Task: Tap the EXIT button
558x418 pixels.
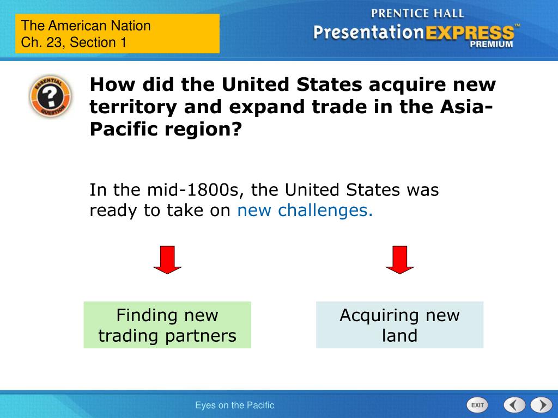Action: (477, 405)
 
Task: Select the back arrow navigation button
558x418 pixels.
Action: (514, 405)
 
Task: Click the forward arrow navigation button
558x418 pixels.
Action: (541, 405)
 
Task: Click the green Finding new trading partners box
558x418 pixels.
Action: (167, 325)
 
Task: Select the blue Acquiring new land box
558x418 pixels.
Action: (399, 325)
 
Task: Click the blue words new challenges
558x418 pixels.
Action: (305, 211)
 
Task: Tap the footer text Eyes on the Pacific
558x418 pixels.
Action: (235, 405)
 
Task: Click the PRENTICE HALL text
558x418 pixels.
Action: (417, 13)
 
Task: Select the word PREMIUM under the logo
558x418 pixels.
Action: (492, 45)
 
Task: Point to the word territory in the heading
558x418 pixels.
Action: (134, 107)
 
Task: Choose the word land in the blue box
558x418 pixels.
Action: (399, 335)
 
